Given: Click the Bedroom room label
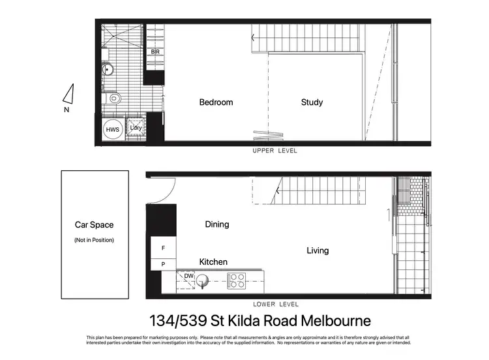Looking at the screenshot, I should (216, 102).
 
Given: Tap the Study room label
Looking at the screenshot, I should (312, 102).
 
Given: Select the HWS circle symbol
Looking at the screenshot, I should (112, 129).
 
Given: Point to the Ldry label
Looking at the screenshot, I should (136, 128).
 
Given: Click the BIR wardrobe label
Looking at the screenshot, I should (155, 52).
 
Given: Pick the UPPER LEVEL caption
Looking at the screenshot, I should (275, 151).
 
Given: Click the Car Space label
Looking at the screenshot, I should (94, 225).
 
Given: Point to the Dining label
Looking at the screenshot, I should (217, 224).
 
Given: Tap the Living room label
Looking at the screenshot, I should (318, 250).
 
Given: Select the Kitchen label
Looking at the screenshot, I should (213, 262).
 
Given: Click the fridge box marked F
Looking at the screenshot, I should (164, 248).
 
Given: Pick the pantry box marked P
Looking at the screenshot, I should (164, 265).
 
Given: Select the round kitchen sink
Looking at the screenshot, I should (203, 282).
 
